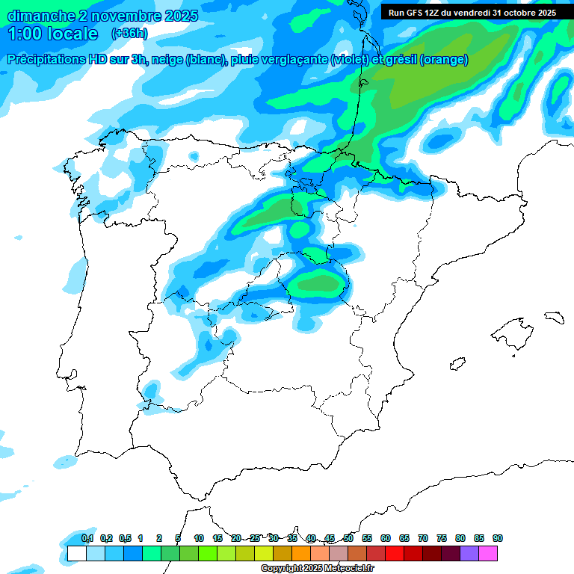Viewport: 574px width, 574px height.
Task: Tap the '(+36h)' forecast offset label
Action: pyautogui.click(x=129, y=34)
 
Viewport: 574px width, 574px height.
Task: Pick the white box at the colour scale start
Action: pyautogui.click(x=76, y=554)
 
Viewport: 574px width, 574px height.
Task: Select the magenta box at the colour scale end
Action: pyautogui.click(x=488, y=554)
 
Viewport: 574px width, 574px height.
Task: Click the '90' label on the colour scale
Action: pyautogui.click(x=498, y=538)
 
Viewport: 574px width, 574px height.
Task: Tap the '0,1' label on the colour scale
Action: pyautogui.click(x=87, y=538)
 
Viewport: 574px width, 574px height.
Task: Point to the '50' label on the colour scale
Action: pyautogui.click(x=348, y=538)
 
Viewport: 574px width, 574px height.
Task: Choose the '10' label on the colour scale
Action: pyautogui.click(x=199, y=538)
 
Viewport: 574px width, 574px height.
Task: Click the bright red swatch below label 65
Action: pyautogui.click(x=395, y=554)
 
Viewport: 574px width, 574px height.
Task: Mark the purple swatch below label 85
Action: pyautogui.click(x=469, y=554)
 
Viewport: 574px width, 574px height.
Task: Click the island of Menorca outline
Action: pyautogui.click(x=554, y=318)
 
